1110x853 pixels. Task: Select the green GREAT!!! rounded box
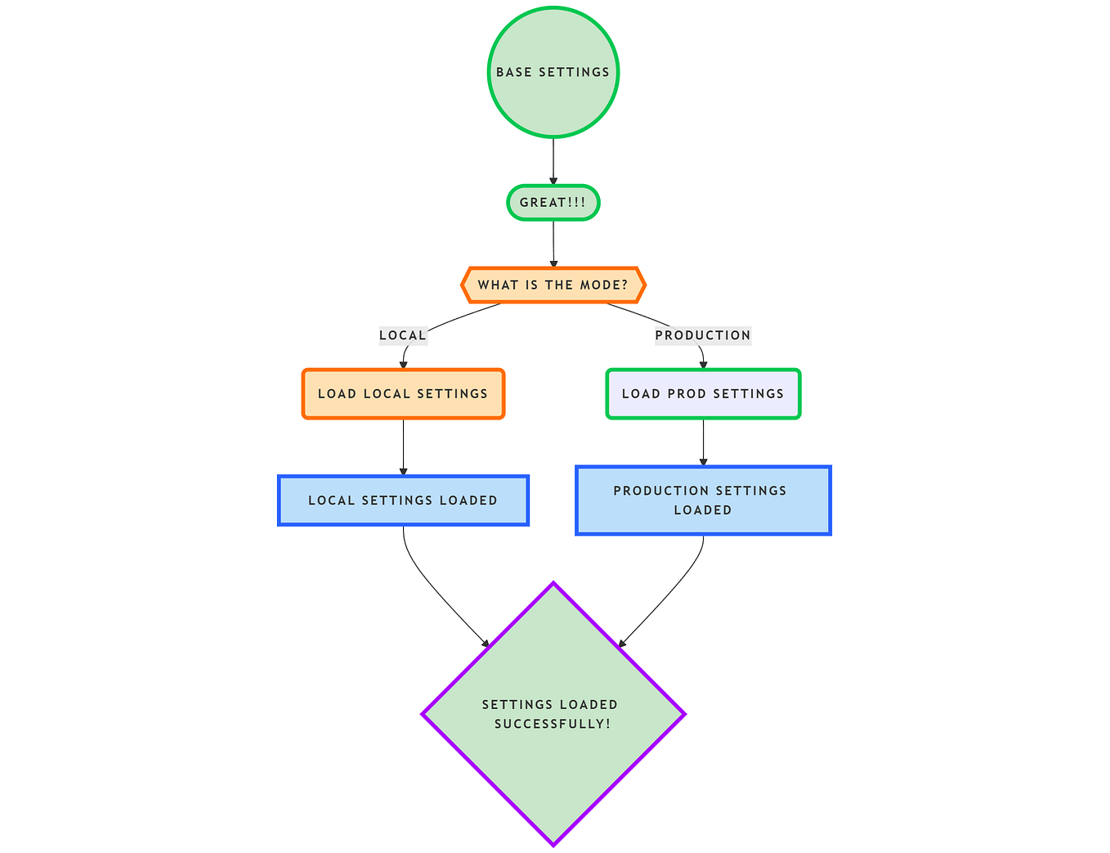click(553, 203)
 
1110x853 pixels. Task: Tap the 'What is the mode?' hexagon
click(553, 285)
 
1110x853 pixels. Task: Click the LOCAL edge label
click(403, 335)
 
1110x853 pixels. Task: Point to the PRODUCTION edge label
click(703, 335)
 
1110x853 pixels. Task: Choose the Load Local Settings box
click(403, 394)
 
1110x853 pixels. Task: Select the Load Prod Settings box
click(703, 394)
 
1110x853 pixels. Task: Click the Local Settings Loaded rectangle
click(403, 501)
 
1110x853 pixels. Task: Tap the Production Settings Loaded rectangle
click(703, 501)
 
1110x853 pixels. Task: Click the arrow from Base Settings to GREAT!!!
click(553, 161)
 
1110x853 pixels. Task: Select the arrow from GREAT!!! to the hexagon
click(553, 243)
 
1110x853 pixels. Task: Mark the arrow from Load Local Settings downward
click(403, 447)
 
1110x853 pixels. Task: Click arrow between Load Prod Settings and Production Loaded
click(703, 442)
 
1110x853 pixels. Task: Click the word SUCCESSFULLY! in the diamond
click(553, 725)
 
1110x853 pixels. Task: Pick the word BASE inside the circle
click(514, 72)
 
